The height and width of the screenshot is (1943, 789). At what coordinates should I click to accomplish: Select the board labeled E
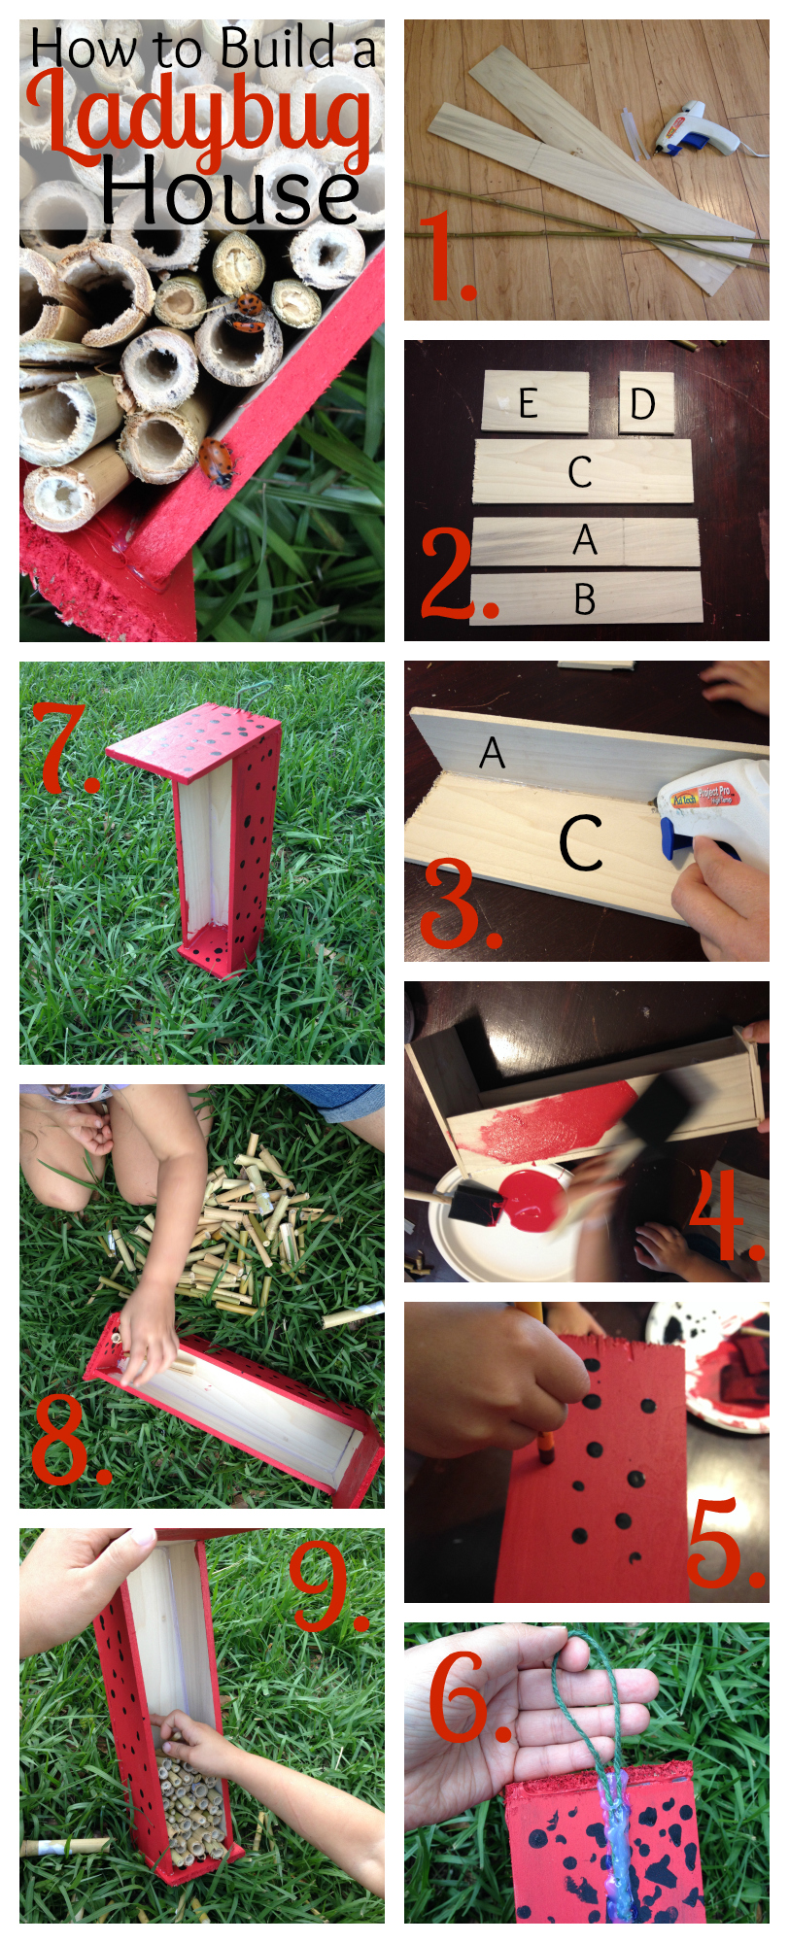535,401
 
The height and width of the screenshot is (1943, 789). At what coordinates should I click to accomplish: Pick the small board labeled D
646,402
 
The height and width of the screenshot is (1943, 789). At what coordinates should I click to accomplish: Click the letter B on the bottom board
584,599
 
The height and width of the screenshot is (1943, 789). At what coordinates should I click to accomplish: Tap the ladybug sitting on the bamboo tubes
249,307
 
